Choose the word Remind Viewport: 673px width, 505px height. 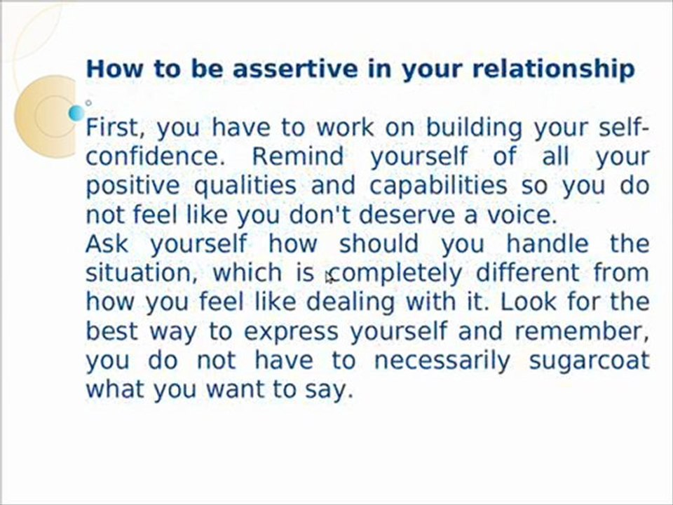pos(297,156)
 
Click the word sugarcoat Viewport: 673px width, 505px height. pos(589,361)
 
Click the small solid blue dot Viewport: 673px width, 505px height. pos(76,112)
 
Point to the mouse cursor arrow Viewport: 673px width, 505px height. pos(329,278)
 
